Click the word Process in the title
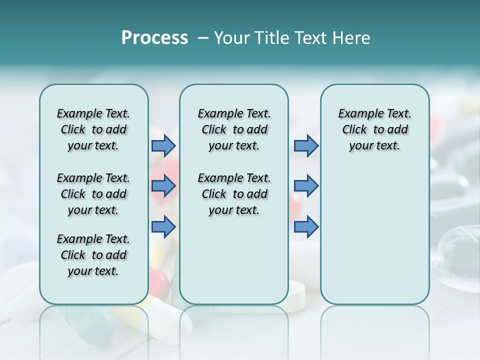coord(154,38)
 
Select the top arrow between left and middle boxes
coord(163,146)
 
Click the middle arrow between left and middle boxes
coord(163,186)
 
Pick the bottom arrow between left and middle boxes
coord(163,226)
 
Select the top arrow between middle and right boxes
coord(306,146)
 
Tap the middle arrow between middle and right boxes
coord(306,186)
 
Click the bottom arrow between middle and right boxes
coord(306,226)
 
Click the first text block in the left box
coord(93,129)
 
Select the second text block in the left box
coord(93,194)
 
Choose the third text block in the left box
coord(93,255)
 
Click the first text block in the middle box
coord(234,129)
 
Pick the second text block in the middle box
coord(234,194)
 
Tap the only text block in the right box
coord(374,129)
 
